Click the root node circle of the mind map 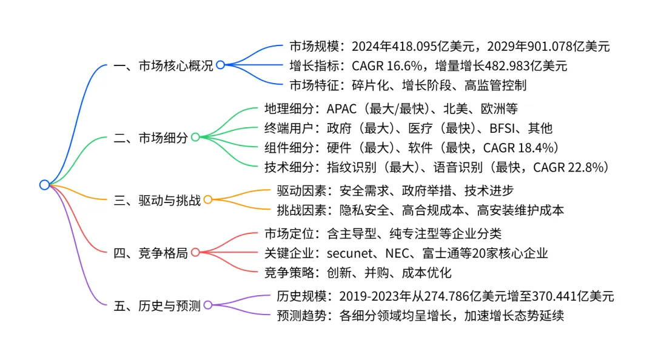coord(44,185)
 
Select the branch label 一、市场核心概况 coord(163,65)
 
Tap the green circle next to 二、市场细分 coord(195,137)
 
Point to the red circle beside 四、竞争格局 coord(195,252)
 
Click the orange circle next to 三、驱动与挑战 coord(207,199)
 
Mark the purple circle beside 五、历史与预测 coord(207,305)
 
